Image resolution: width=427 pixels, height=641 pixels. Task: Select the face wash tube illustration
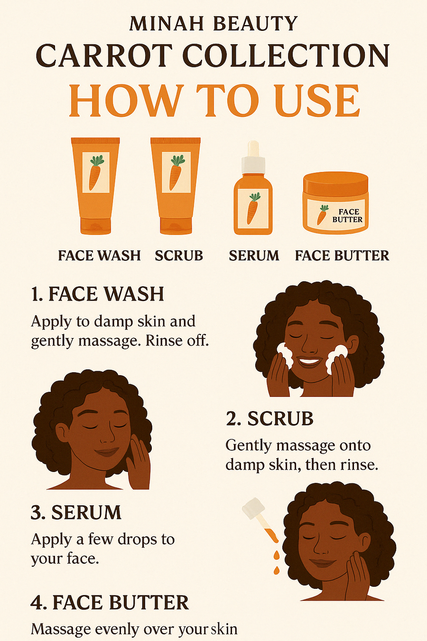[x=95, y=186]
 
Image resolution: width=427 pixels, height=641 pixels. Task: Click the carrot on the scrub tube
[x=176, y=172]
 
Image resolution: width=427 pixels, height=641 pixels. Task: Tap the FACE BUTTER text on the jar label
[x=347, y=216]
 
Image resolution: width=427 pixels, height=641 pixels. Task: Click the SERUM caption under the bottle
[x=254, y=255]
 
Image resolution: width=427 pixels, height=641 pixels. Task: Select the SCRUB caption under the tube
[x=179, y=255]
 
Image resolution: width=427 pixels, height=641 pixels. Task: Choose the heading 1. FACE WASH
[x=98, y=293]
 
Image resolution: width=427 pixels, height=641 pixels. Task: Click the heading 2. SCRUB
[x=269, y=419]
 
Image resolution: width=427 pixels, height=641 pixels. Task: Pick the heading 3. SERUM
[x=76, y=512]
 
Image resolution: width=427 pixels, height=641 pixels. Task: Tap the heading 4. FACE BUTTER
[x=110, y=602]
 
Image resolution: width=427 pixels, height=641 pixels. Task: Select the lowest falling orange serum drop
[x=276, y=571]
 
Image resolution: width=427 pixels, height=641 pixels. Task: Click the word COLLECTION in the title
[x=286, y=56]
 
